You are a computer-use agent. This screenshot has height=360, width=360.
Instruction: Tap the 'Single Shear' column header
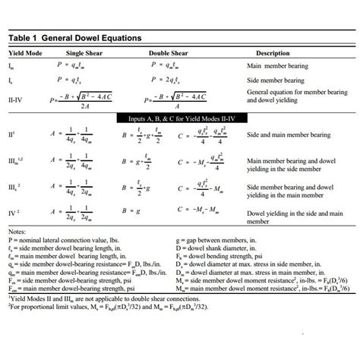pyautogui.click(x=90, y=53)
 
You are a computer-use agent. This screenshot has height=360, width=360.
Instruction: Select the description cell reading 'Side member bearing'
pyautogui.click(x=277, y=79)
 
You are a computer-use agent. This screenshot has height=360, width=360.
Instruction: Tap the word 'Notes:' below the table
pyautogui.click(x=17, y=231)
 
